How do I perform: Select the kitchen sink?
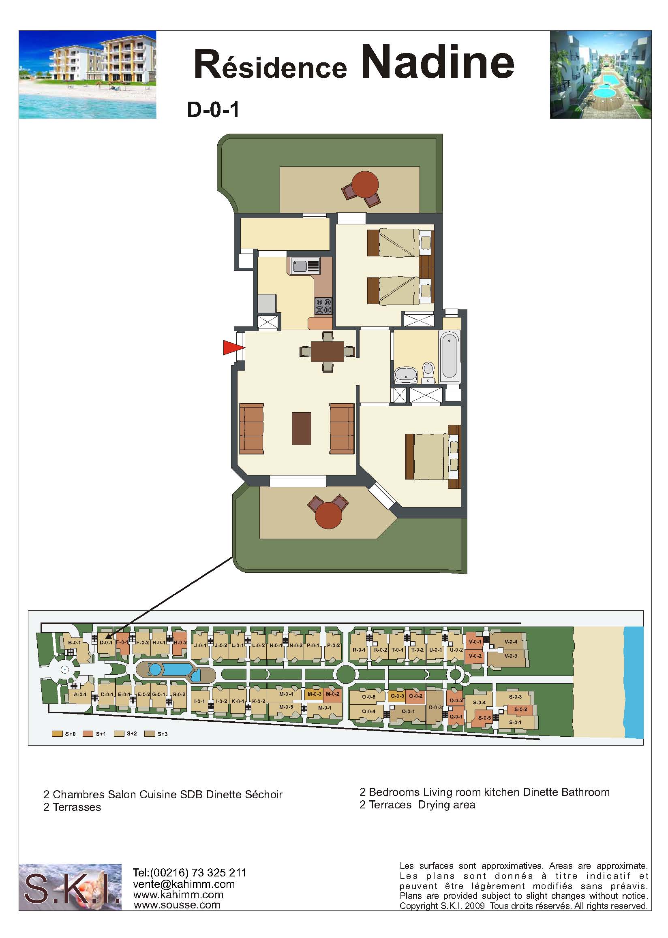(306, 266)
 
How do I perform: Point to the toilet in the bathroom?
(428, 371)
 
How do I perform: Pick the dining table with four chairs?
(328, 352)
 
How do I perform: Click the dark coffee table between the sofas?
(302, 429)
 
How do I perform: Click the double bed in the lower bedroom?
(432, 456)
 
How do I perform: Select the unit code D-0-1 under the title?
(213, 110)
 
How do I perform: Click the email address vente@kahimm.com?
(184, 884)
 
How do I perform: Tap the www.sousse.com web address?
(177, 905)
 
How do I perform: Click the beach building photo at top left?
(88, 75)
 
